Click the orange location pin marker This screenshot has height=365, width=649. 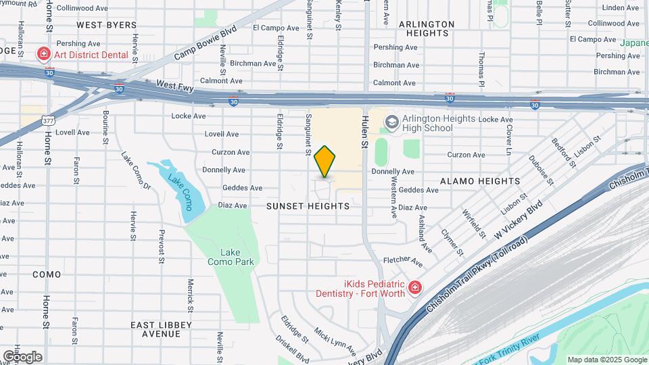coord(325,161)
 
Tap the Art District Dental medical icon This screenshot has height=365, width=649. coord(43,53)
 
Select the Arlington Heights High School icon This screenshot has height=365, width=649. coord(391,122)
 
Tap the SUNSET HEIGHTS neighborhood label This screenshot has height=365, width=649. coord(308,206)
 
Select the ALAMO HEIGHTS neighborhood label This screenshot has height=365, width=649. coord(480,181)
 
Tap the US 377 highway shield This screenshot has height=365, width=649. coord(49,120)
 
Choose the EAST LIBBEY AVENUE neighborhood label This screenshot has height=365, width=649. coord(161,329)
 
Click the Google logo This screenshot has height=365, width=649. coord(22,356)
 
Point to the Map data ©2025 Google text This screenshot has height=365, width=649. coord(606,360)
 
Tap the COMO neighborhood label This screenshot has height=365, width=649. coord(47,274)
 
